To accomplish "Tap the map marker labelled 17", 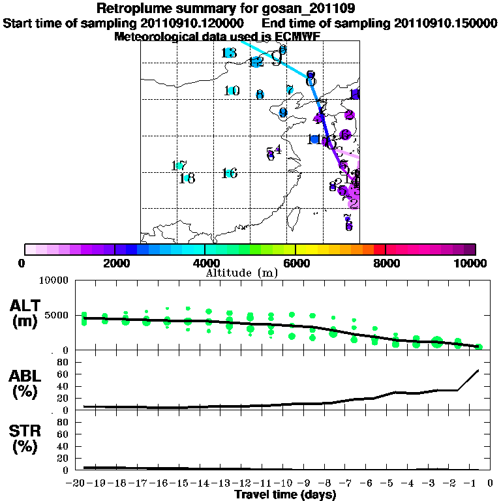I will (179, 166).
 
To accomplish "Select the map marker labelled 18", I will (187, 177).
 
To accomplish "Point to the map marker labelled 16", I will (228, 173).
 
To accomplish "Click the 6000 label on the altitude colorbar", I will (296, 263).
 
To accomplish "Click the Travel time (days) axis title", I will (285, 494).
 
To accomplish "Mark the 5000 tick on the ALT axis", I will (57, 316).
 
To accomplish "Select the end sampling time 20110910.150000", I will (446, 23).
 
